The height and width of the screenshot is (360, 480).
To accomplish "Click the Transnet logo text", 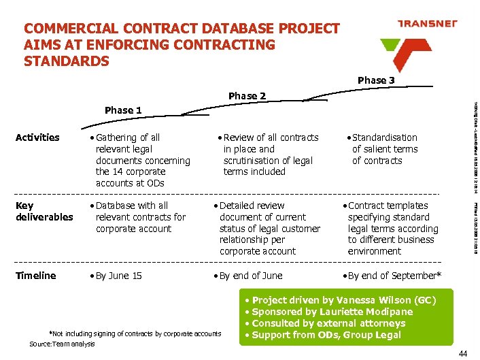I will point(427,23).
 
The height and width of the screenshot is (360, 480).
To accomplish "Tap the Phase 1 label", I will point(123,110).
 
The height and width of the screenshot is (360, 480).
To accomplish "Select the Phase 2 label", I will point(247,96).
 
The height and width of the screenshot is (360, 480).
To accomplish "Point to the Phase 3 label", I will point(376,80).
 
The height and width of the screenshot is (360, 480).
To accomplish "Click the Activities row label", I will point(37,137).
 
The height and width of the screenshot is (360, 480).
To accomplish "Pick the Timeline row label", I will point(35,276).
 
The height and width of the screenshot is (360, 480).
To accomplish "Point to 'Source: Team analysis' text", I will point(62,344).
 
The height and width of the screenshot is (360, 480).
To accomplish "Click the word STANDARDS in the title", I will point(66,61).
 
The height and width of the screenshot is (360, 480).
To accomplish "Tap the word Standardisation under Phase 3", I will point(384,137).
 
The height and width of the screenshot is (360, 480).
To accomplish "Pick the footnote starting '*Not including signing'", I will point(135,333).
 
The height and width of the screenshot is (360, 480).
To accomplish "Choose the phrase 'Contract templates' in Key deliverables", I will point(388,206).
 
